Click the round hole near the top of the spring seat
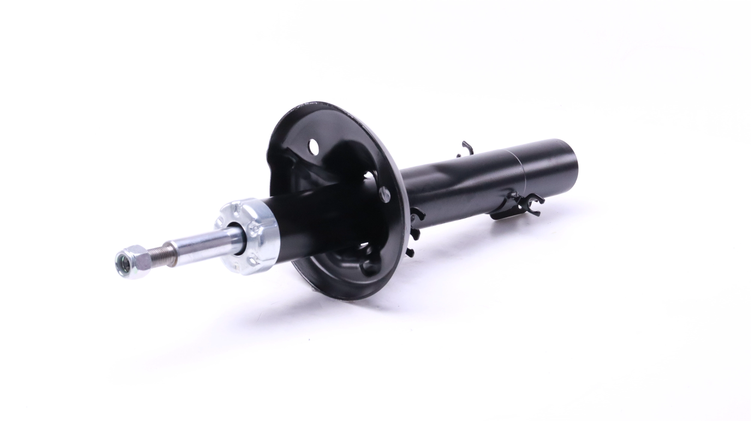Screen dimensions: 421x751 pyautogui.click(x=313, y=146)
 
